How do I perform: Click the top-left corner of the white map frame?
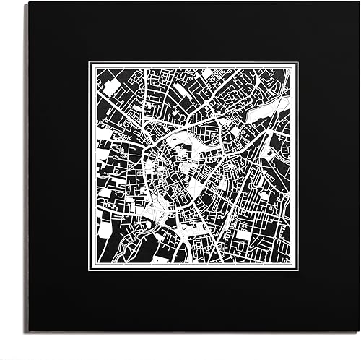[90, 63]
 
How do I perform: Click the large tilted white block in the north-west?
[112, 87]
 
